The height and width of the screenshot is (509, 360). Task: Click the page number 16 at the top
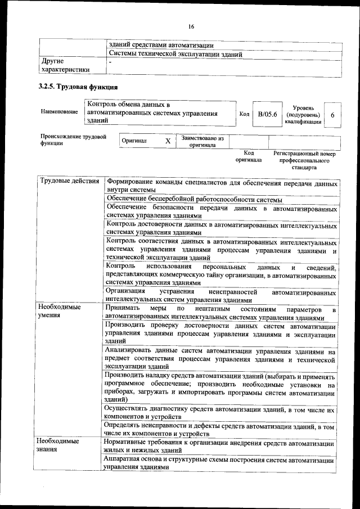tap(191, 26)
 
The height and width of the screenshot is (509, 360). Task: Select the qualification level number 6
tap(333, 115)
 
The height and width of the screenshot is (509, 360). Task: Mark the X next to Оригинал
tap(167, 141)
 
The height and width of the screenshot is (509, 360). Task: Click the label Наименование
tap(59, 112)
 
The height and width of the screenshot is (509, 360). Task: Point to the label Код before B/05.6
tap(244, 115)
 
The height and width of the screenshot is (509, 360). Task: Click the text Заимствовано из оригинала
tap(202, 141)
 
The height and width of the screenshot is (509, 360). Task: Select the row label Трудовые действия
tap(70, 182)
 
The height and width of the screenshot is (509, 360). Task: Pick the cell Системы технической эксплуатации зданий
tap(175, 55)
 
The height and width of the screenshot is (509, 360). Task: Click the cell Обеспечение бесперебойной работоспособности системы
tap(194, 200)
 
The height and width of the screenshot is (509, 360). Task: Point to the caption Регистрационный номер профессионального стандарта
tap(304, 160)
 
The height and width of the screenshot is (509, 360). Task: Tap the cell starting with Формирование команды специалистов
tap(222, 187)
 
